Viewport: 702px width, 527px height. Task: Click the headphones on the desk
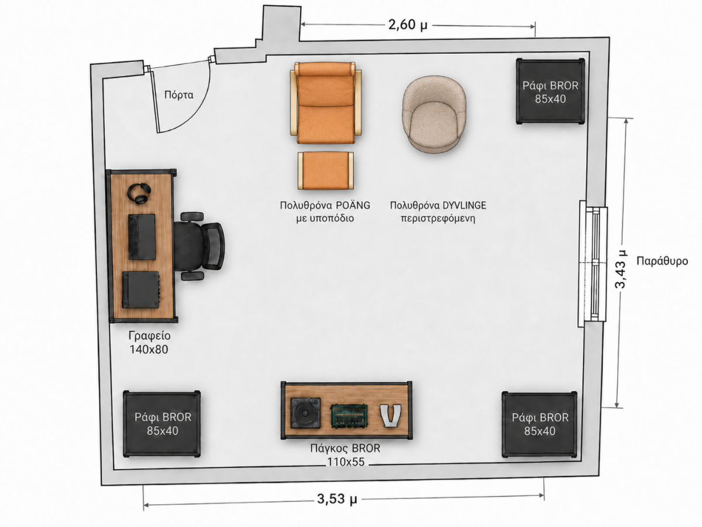pos(139,194)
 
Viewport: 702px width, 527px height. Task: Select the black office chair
pos(199,247)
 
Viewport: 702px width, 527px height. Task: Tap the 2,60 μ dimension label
pos(408,25)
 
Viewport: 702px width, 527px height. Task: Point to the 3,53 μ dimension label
pos(337,499)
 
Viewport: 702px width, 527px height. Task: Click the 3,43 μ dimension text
pos(621,269)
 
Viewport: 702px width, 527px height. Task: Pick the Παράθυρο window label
pos(662,261)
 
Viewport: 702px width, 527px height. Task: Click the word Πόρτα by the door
pos(179,95)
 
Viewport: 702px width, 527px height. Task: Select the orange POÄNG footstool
pos(326,170)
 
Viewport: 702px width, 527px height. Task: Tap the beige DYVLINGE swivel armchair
pos(434,114)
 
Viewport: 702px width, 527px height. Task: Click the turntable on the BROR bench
pos(305,413)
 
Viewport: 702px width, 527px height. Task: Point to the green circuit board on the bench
pos(349,416)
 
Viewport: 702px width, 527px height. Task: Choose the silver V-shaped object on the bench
pos(390,416)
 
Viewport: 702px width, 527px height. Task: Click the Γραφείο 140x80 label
pos(149,343)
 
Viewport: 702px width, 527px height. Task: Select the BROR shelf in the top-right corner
pos(550,91)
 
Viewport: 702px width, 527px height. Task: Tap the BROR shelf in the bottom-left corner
pos(162,423)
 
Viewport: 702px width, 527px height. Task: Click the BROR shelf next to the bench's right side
pos(539,425)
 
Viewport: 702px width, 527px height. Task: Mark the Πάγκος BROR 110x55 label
pos(345,455)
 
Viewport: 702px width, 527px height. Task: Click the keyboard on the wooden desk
pos(142,237)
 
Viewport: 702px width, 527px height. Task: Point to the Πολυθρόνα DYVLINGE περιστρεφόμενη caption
pos(438,212)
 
